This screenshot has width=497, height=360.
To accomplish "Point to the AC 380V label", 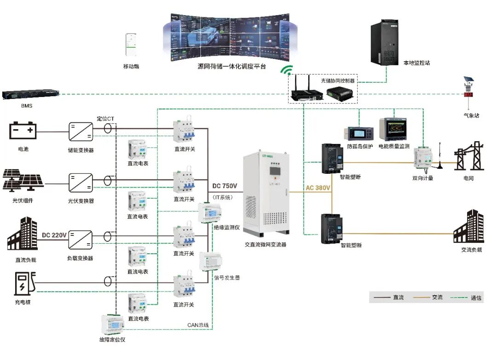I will [x=318, y=188].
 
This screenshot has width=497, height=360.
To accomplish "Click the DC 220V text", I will [x=54, y=235].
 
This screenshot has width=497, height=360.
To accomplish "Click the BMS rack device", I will [x=30, y=95].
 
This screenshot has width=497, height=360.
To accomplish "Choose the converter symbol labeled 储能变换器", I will [x=81, y=132].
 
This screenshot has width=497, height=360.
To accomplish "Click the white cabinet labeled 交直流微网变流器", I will [x=268, y=194].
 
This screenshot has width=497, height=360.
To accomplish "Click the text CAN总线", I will [x=198, y=325].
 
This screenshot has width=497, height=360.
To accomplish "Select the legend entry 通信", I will [x=476, y=298].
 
